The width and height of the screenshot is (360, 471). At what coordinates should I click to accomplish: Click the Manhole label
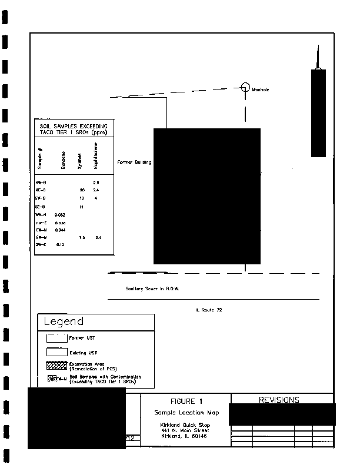pos(260,90)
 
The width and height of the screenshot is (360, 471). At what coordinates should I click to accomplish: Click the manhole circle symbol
pos(245,87)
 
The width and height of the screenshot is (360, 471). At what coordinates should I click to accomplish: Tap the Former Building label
pos(134,162)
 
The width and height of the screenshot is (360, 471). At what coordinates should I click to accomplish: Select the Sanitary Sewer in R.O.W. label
pos(152,289)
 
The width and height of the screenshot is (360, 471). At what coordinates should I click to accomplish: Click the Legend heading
pos(64,321)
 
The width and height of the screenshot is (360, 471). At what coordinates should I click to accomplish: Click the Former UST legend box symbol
pos(56,338)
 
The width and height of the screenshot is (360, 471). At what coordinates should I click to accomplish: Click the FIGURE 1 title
pos(186,401)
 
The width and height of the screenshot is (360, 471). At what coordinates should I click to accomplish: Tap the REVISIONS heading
pos(279,400)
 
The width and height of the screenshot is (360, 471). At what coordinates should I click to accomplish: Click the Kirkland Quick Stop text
pos(185,424)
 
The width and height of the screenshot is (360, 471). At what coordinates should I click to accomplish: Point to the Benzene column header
pos(63,161)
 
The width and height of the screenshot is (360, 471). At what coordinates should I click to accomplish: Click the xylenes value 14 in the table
pos(82,207)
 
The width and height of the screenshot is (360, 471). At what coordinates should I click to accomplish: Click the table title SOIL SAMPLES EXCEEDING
pos(74,127)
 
